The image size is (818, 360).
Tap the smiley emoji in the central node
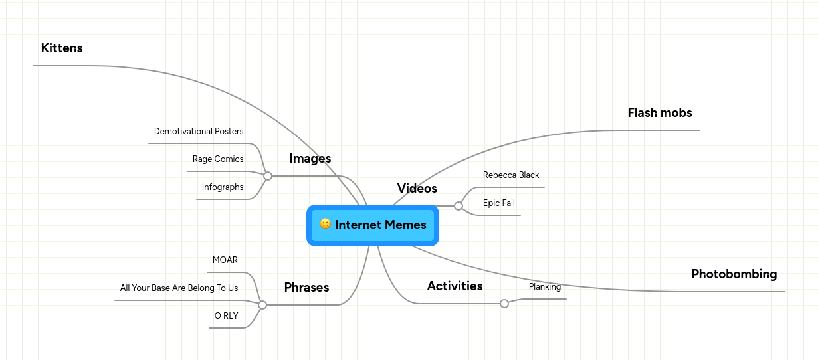325,224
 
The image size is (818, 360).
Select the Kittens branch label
62,48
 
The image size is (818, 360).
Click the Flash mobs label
659,113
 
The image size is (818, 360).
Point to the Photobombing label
734,274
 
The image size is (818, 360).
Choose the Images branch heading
310,159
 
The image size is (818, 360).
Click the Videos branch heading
417,189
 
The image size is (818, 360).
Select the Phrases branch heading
306,288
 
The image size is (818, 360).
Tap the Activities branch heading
455,286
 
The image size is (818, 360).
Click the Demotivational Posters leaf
199,132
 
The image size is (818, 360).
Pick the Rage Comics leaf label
218,159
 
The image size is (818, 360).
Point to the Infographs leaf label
223,187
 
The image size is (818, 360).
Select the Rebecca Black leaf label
511,175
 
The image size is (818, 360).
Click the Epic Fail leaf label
499,203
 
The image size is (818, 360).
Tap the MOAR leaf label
225,260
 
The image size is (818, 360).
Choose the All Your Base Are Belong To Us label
179,288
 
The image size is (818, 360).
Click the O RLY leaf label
226,316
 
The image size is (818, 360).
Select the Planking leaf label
545,287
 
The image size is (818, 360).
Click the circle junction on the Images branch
268,176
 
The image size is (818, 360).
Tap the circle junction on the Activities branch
504,304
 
